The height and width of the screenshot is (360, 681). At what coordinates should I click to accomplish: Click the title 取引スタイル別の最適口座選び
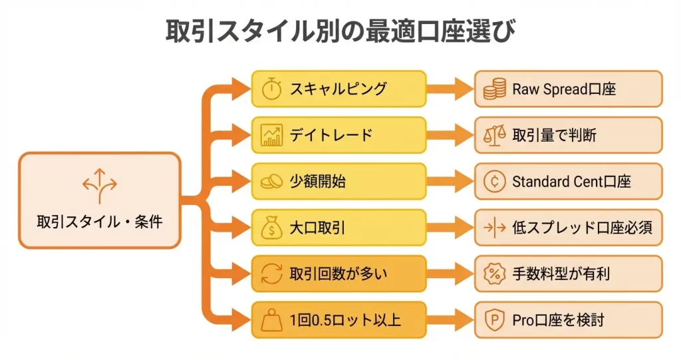pos(340,31)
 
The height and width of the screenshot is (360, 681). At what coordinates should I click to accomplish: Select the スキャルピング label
pos(338,89)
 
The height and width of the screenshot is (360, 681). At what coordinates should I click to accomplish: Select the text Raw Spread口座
pos(564,89)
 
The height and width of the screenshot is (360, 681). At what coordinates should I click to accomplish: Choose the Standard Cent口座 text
pos(571,181)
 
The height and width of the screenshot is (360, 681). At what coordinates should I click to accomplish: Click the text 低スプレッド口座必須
pos(582,228)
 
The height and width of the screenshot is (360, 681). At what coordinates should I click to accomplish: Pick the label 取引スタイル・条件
pos(100,222)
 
